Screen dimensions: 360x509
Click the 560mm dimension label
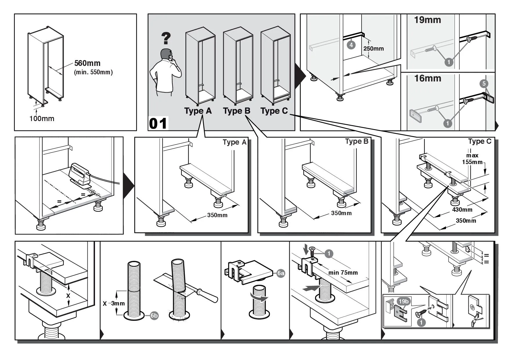(87, 63)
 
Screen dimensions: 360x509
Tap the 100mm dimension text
(42, 118)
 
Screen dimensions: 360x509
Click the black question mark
(166, 38)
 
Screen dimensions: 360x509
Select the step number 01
(158, 123)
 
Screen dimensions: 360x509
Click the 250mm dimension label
(373, 48)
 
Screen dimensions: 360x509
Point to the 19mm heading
(427, 20)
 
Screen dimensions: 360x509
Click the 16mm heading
(427, 78)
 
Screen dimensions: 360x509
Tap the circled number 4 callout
(351, 45)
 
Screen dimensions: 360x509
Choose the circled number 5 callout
(484, 84)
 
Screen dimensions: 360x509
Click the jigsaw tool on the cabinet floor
(79, 174)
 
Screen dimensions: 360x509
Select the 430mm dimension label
(462, 210)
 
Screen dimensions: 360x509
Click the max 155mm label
(472, 159)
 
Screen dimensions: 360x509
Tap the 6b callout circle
(154, 316)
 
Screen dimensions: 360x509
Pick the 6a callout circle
(281, 273)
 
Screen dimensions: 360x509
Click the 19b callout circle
(403, 301)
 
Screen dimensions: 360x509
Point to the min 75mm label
(343, 273)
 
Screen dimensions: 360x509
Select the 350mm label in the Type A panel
(217, 215)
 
